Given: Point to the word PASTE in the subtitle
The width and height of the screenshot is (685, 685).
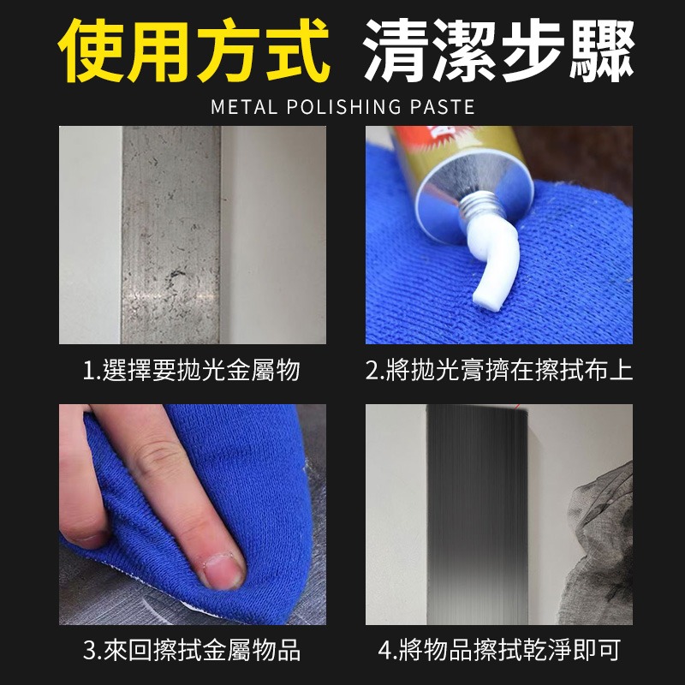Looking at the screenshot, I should tap(444, 107).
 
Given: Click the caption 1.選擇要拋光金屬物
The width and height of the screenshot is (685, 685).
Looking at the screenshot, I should tap(192, 371).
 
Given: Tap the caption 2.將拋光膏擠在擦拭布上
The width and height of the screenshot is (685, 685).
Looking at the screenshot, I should tap(499, 371).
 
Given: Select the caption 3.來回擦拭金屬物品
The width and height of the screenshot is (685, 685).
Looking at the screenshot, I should tap(192, 650).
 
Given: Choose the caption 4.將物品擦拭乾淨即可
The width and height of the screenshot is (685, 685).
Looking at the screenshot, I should tap(499, 650).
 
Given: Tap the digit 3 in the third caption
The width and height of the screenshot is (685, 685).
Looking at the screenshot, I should tap(89, 651).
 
